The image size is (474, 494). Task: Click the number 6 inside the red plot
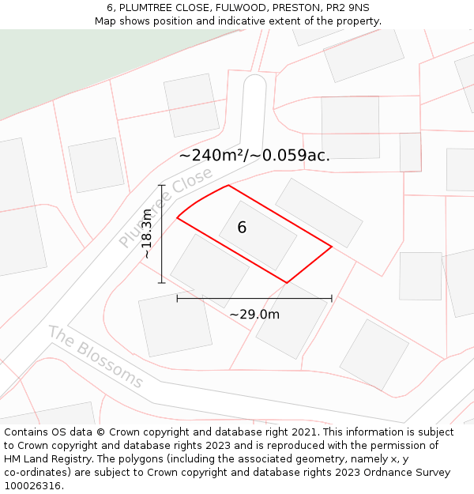tap(242, 228)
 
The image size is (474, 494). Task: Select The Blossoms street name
tap(96, 356)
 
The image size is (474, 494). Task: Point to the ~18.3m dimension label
tap(147, 233)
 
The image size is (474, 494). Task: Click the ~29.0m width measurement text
tap(254, 315)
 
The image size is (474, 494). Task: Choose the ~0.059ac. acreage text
tap(290, 155)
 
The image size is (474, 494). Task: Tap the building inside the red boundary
tap(258, 236)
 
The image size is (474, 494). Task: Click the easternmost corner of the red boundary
tap(332, 247)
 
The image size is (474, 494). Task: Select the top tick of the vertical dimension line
tap(161, 186)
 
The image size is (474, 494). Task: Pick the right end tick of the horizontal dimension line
tap(332, 299)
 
